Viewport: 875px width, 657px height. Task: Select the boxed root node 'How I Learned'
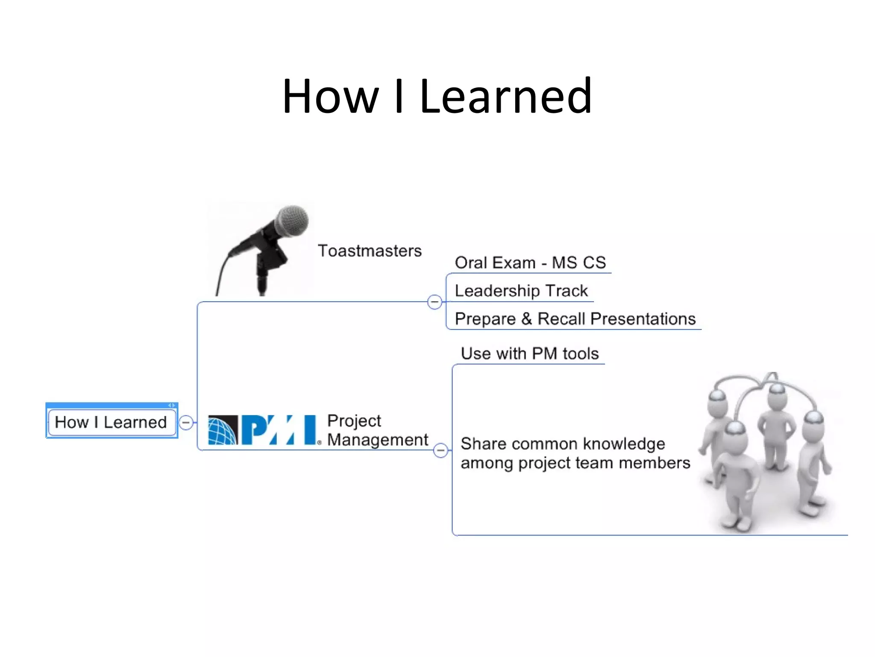tap(111, 422)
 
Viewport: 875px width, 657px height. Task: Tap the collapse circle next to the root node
tap(186, 423)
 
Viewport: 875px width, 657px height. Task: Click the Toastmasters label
tap(370, 251)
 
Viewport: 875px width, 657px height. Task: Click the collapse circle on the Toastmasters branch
tap(435, 302)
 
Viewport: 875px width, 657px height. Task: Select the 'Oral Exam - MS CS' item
tap(530, 263)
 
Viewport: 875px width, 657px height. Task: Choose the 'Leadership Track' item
tap(521, 291)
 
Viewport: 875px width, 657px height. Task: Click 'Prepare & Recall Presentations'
tap(575, 319)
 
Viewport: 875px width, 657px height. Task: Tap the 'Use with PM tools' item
tap(529, 354)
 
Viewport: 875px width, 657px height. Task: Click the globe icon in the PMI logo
tap(223, 430)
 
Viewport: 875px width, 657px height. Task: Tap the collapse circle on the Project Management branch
tap(440, 450)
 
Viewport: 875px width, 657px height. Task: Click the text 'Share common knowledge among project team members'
tap(575, 453)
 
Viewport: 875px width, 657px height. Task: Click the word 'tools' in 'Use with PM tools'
tap(581, 354)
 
